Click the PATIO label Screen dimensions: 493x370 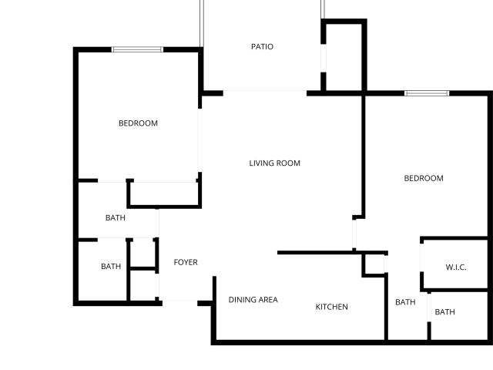tap(262, 46)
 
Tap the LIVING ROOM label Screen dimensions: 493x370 tap(274, 163)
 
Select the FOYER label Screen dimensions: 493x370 tap(186, 262)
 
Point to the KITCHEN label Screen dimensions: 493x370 tap(332, 307)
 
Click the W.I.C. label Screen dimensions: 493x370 tap(456, 267)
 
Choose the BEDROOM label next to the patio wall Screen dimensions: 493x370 tap(138, 123)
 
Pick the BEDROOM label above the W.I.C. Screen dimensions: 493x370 tap(424, 178)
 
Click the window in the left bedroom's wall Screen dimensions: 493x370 tap(137, 49)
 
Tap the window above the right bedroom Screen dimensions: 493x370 tap(427, 93)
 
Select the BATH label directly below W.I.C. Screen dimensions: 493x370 tap(444, 311)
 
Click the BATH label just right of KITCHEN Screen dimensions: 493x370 tap(405, 302)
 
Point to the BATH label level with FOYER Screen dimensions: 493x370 tap(111, 266)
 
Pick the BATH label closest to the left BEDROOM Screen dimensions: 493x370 tap(116, 217)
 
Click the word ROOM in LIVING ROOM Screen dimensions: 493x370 tap(288, 163)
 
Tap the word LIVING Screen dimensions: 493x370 tap(261, 163)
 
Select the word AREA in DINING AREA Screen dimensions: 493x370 tap(268, 300)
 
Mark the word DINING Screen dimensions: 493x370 tap(243, 300)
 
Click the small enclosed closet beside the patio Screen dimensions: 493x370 tap(344, 57)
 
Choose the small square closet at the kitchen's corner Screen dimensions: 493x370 tap(375, 264)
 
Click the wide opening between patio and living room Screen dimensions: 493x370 tap(265, 92)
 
